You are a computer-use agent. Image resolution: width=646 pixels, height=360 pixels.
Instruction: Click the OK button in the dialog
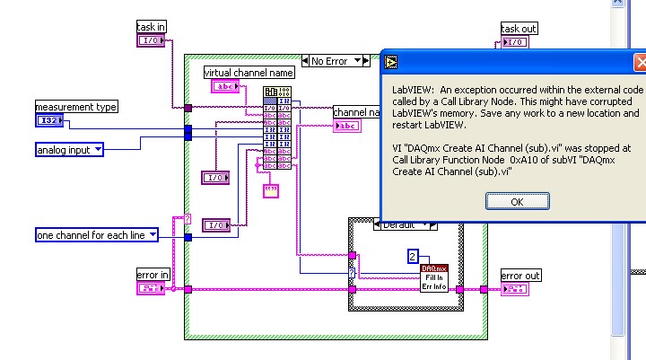(x=517, y=202)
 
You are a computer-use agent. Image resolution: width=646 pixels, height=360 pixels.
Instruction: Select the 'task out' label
(x=519, y=29)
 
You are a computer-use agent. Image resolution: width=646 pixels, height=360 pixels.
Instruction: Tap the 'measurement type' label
(x=76, y=107)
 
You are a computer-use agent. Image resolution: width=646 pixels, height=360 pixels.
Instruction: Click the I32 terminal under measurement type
(x=48, y=120)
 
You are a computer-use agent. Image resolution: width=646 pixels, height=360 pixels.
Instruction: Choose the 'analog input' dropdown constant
(x=69, y=149)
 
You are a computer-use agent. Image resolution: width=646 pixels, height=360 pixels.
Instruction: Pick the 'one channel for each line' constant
(x=97, y=235)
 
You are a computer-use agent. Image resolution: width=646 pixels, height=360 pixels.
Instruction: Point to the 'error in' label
(x=152, y=275)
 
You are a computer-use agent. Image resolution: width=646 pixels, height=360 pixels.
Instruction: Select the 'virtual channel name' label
(x=249, y=72)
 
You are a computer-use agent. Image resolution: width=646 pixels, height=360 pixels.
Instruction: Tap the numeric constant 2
(x=413, y=256)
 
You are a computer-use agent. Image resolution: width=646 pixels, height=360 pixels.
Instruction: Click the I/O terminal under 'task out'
(x=516, y=42)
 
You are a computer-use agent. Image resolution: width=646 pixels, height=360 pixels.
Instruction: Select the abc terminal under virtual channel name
(x=224, y=86)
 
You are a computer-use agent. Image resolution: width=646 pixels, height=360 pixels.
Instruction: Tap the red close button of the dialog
(x=640, y=62)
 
